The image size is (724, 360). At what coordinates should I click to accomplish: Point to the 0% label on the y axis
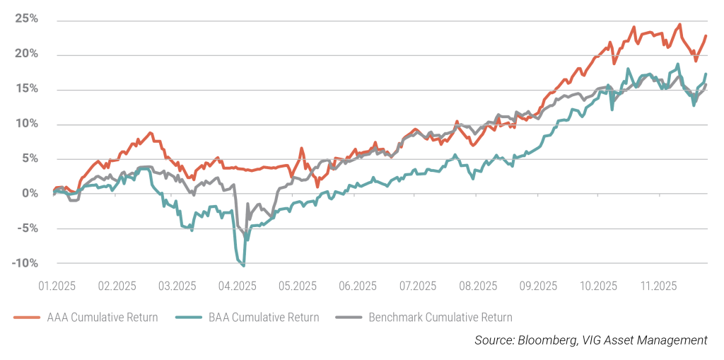click(x=30, y=193)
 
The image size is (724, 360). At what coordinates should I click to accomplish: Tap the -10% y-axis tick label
click(x=25, y=262)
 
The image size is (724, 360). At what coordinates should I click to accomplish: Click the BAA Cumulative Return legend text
click(x=266, y=318)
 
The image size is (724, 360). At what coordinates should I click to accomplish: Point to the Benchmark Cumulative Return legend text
click(x=440, y=318)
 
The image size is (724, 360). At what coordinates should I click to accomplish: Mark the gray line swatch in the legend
click(x=349, y=318)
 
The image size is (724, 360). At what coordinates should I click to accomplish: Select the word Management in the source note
click(x=672, y=340)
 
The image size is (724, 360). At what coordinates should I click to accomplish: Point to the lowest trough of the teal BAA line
click(x=244, y=266)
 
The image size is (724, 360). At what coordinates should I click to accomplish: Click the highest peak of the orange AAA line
click(x=680, y=25)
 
